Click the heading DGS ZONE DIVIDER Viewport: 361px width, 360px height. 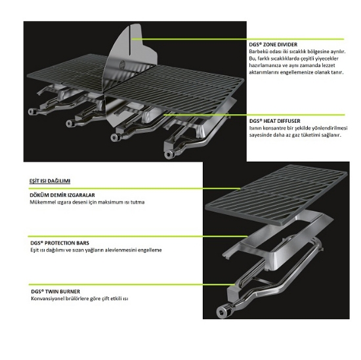[273, 45]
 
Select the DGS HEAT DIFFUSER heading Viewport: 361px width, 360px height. [274, 121]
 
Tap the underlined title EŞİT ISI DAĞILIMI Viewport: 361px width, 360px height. [50, 181]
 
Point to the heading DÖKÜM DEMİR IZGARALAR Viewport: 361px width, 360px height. [62, 195]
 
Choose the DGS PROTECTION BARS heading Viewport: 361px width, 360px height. [60, 243]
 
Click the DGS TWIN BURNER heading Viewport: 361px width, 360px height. [56, 292]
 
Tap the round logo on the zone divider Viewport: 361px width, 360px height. [122, 64]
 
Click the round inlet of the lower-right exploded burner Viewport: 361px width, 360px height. [221, 312]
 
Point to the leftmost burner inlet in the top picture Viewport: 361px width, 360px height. [32, 112]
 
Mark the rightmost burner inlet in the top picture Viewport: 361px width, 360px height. [169, 154]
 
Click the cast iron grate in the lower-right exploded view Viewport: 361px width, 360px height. [276, 194]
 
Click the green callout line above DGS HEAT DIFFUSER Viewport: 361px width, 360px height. [254, 114]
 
